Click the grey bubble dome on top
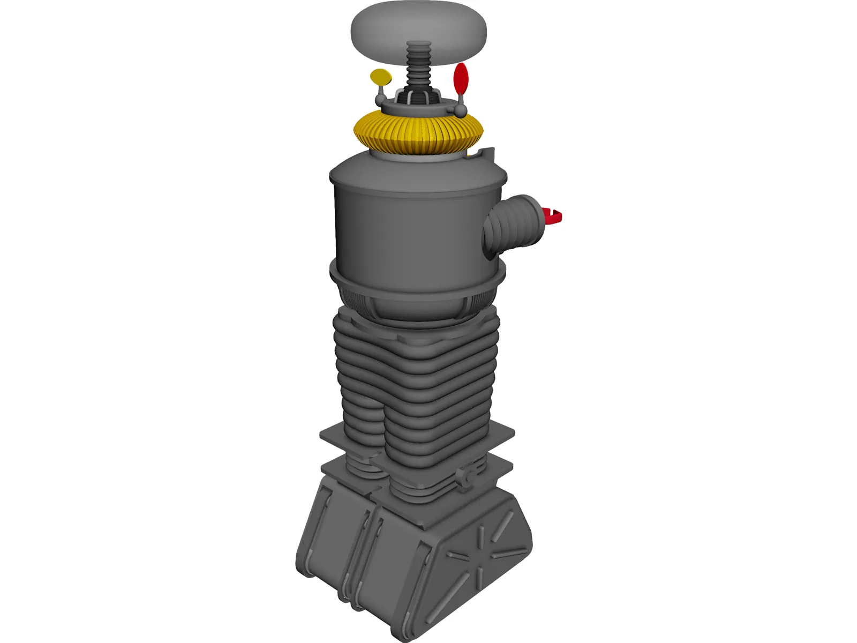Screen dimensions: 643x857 (419, 27)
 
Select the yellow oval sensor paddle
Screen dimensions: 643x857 (381, 77)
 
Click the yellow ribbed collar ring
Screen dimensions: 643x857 (419, 134)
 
